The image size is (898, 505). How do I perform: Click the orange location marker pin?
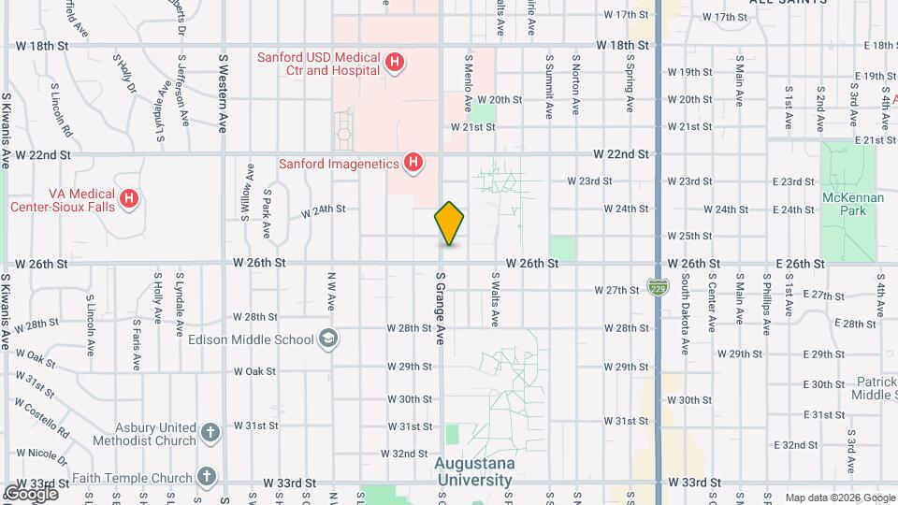449,224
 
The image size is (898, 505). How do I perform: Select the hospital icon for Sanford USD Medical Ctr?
396,64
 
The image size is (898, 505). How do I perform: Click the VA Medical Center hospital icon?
130,199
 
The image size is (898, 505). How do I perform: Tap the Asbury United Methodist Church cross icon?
210,433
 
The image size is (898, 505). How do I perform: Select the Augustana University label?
473,472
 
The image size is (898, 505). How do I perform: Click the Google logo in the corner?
30,493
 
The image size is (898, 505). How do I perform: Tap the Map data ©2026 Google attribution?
839,498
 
